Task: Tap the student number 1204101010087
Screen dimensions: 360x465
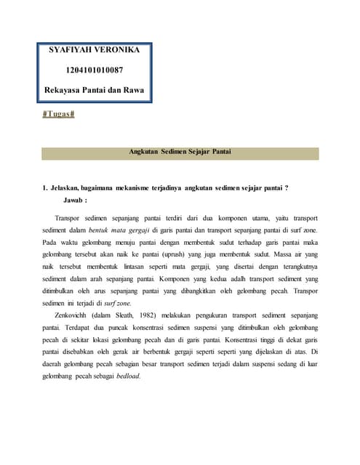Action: (x=95, y=71)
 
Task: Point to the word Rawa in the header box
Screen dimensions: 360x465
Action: (x=133, y=91)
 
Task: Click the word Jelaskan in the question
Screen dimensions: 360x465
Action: (x=68, y=188)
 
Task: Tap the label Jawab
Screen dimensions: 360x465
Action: (x=75, y=200)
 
